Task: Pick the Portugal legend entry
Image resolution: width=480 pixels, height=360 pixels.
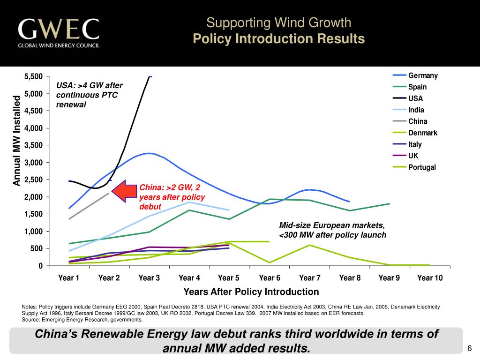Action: coord(422,167)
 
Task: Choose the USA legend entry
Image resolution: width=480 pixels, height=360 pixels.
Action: coord(415,98)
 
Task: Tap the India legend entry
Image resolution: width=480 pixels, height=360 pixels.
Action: coord(416,110)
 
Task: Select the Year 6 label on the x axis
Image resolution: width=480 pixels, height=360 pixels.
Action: coord(270,278)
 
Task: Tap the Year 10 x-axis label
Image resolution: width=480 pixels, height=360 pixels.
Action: coord(430,278)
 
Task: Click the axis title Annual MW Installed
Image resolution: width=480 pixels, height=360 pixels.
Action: coord(17,141)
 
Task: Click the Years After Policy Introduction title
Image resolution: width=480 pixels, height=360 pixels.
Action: coord(251,292)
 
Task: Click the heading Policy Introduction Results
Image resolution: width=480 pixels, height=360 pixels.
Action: coord(278,39)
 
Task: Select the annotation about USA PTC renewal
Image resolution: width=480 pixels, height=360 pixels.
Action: coord(89,95)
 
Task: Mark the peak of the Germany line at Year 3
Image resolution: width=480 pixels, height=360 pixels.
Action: coord(149,153)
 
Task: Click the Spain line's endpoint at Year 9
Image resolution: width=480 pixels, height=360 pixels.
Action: coord(390,203)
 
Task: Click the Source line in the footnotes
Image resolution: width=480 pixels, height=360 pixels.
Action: coord(82,320)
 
